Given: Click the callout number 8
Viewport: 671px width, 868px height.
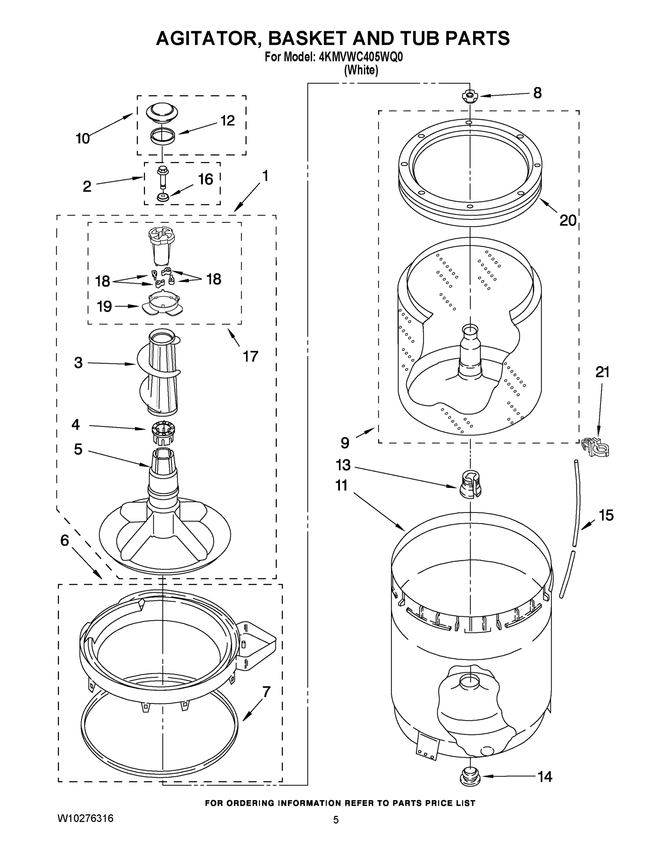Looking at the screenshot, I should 537,93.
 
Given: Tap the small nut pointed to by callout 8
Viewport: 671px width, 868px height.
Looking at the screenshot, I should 470,96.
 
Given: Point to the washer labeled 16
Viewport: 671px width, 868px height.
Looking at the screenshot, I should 162,197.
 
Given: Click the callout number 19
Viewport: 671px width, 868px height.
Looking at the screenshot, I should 105,306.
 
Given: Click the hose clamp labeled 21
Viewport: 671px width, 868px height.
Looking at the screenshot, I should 595,447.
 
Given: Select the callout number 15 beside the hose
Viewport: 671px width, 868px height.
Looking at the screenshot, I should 606,515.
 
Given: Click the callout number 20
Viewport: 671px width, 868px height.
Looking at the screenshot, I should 568,220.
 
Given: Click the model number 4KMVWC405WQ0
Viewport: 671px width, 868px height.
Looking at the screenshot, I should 361,57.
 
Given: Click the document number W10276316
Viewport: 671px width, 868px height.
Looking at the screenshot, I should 85,818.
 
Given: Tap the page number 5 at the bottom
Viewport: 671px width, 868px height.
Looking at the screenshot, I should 336,820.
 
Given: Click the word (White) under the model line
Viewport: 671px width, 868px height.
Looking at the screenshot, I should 361,71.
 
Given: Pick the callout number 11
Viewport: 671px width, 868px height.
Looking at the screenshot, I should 341,485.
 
